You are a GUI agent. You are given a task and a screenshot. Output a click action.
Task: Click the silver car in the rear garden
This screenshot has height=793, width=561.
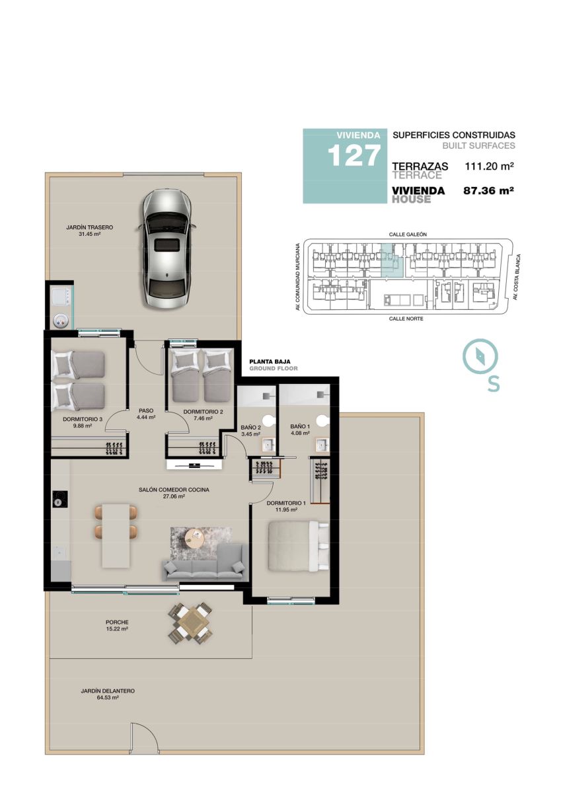pyautogui.click(x=167, y=248)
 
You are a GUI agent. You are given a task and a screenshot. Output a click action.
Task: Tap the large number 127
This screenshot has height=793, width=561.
pyautogui.click(x=354, y=156)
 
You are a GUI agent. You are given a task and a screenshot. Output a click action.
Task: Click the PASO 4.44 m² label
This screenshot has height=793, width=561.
pyautogui.click(x=146, y=414)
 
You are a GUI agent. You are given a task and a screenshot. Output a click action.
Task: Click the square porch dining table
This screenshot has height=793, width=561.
pyautogui.click(x=190, y=622)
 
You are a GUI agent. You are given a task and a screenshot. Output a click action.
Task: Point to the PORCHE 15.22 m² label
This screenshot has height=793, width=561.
pyautogui.click(x=117, y=626)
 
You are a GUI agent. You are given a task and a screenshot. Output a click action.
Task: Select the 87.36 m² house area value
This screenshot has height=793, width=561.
pyautogui.click(x=488, y=191)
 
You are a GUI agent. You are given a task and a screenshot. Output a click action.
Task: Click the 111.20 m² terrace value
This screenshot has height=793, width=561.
pyautogui.click(x=489, y=166)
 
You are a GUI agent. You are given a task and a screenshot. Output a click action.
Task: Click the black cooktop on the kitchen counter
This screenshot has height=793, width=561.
pyautogui.click(x=60, y=499)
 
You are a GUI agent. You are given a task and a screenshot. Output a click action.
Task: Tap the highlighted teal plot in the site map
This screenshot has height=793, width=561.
pyautogui.click(x=392, y=260)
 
